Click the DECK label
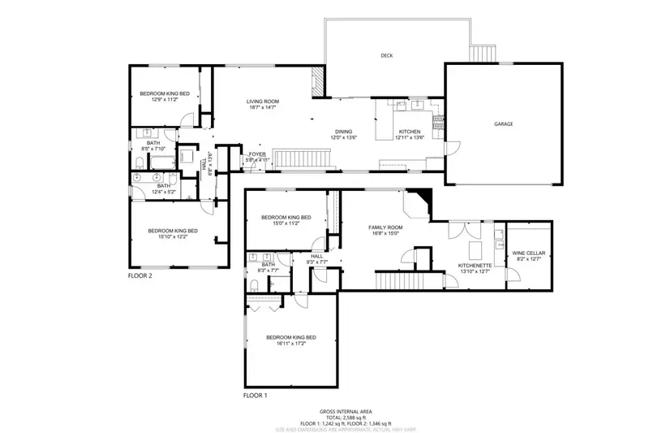(387, 56)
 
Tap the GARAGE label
(504, 124)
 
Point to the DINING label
(345, 132)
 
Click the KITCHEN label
(408, 132)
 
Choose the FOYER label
(257, 154)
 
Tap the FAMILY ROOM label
(385, 227)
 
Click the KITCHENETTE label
(473, 266)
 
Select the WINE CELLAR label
(528, 253)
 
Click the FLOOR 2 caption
(140, 275)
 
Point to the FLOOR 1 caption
(255, 396)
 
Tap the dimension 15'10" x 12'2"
(172, 237)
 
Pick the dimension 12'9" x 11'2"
(165, 100)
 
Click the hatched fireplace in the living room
(318, 80)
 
